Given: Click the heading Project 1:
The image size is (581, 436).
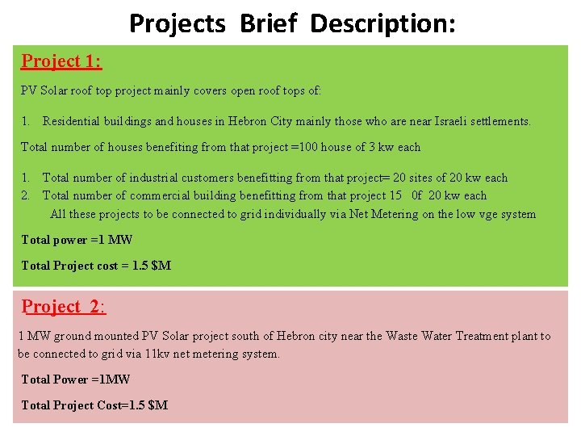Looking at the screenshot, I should point(61,61).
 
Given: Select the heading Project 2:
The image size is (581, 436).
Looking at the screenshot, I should point(64,307).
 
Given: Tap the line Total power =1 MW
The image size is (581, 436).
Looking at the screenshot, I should point(77,240).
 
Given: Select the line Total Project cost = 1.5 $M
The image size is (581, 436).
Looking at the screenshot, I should point(96,266).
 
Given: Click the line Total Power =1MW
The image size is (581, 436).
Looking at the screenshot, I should point(75,379).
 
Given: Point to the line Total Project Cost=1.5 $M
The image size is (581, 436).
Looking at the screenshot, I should point(94,405).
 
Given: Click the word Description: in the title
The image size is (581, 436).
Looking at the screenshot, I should point(382,23).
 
